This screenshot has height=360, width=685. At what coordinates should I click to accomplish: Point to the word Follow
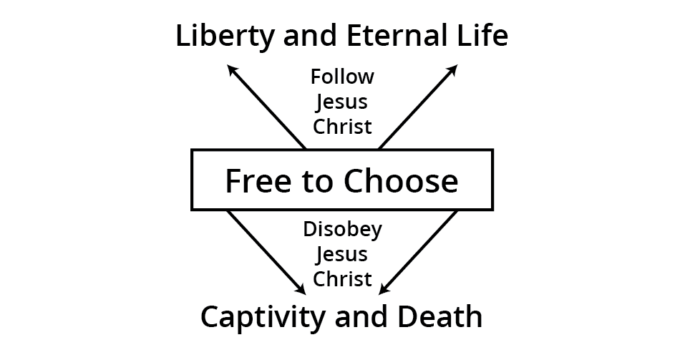pos(342,76)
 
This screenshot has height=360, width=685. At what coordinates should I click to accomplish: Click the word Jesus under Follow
pos(342,102)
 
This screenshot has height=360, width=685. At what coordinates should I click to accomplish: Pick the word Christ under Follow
pos(342,127)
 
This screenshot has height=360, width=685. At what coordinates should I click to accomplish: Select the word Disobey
pos(342,230)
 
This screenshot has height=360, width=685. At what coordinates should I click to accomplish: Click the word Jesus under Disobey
pos(342,255)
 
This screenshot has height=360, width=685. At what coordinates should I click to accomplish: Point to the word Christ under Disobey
pos(342,279)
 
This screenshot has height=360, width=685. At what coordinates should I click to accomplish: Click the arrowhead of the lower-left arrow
pos(301,290)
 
